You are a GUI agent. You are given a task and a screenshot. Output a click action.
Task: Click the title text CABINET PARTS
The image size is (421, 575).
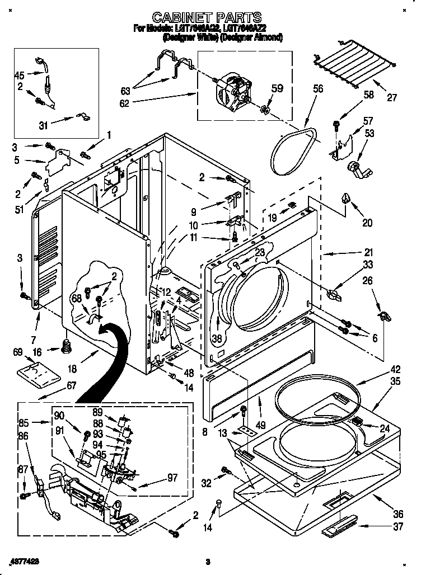click(x=207, y=18)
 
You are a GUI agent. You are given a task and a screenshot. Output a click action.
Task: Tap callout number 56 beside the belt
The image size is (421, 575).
click(x=317, y=88)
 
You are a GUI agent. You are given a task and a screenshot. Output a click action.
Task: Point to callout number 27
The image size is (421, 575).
click(x=391, y=97)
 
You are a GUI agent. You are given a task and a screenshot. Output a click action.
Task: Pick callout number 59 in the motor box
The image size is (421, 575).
click(x=277, y=88)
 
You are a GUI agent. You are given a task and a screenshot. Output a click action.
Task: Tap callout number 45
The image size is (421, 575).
click(x=19, y=75)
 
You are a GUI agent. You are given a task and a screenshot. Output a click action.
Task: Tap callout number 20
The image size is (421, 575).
click(x=367, y=222)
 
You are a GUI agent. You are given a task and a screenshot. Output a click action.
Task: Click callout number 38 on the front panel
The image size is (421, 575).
click(x=218, y=337)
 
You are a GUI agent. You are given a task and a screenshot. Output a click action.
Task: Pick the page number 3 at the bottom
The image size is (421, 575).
click(x=207, y=561)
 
